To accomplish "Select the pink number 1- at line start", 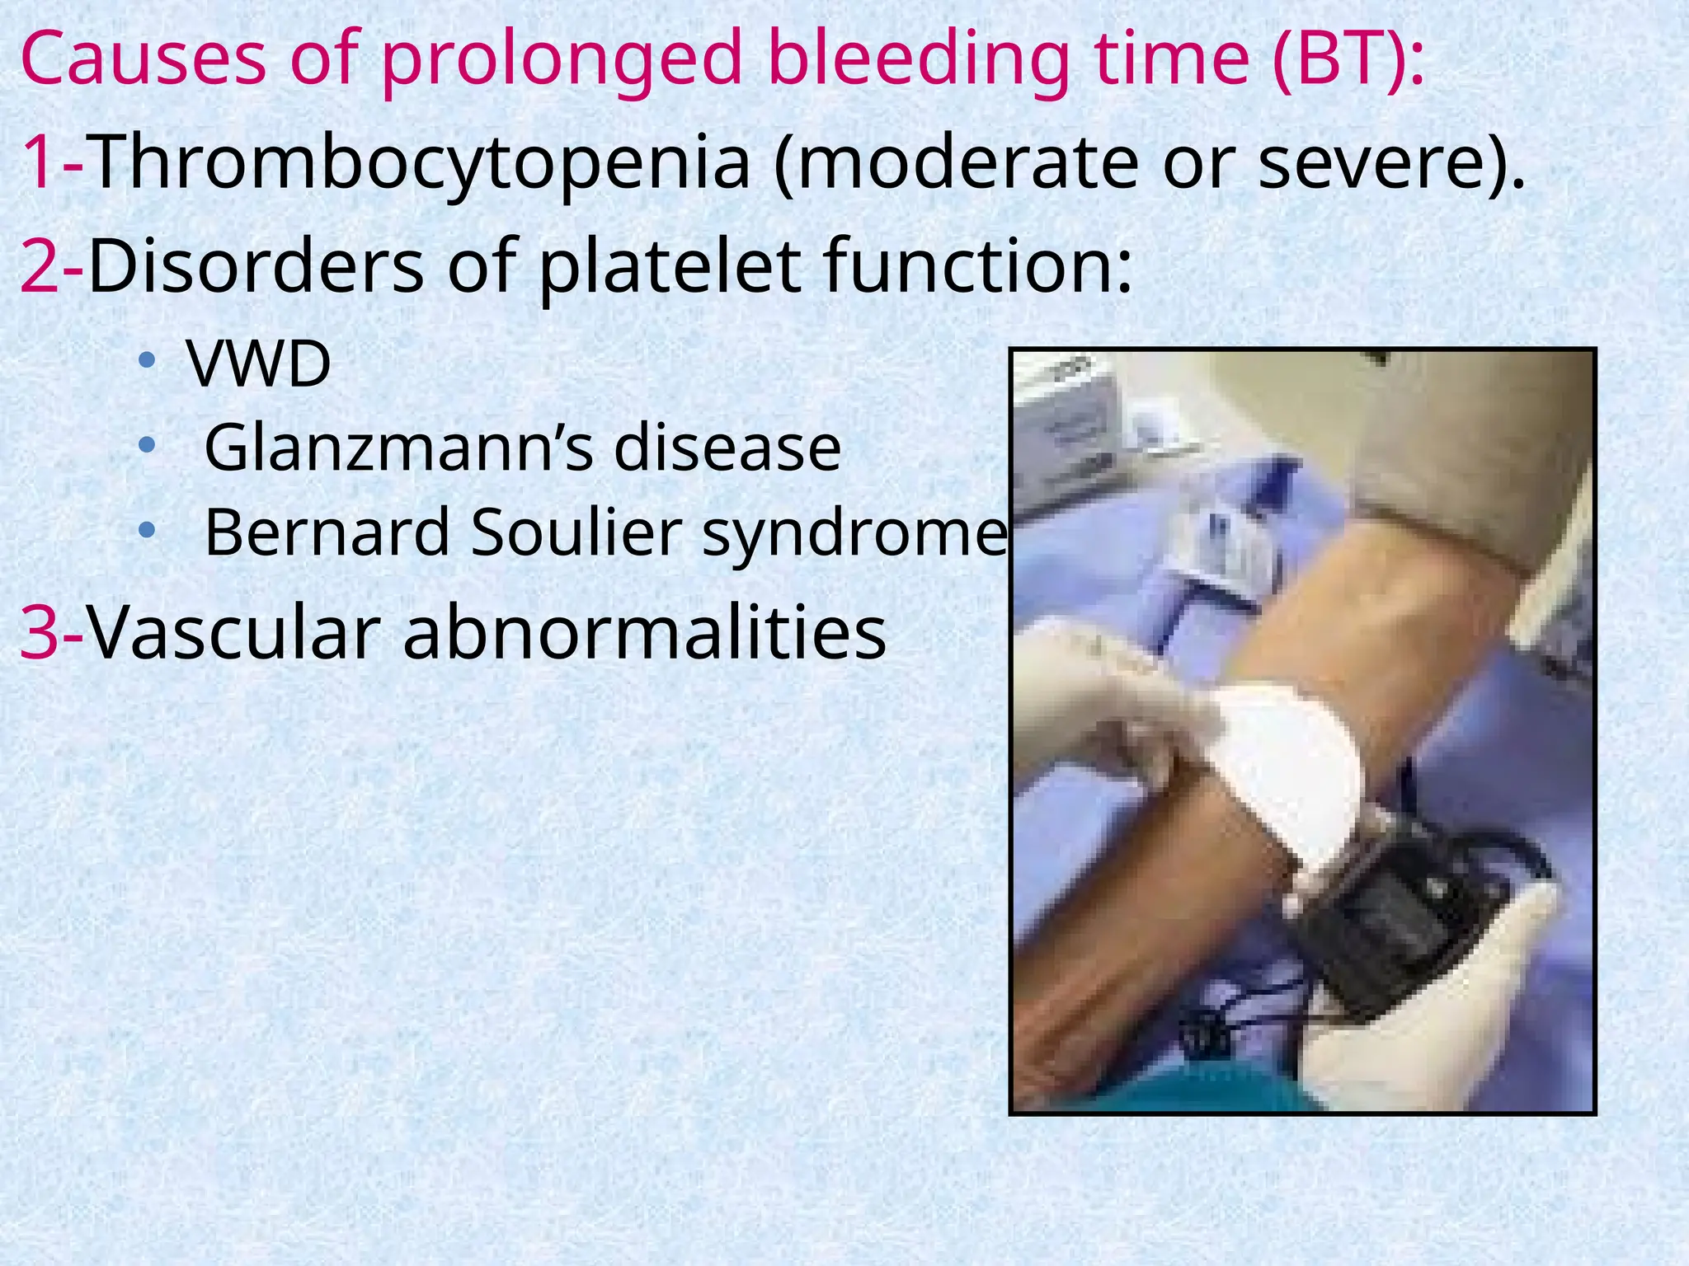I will coord(51,162).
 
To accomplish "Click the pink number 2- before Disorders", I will coord(52,265).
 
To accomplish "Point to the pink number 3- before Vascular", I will coord(52,632).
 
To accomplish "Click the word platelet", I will coord(669,265).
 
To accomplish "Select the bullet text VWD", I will coord(259,363).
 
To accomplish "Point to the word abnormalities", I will coord(644,632).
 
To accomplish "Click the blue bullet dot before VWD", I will coord(147,360).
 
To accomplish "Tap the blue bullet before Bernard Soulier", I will coord(147,529).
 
